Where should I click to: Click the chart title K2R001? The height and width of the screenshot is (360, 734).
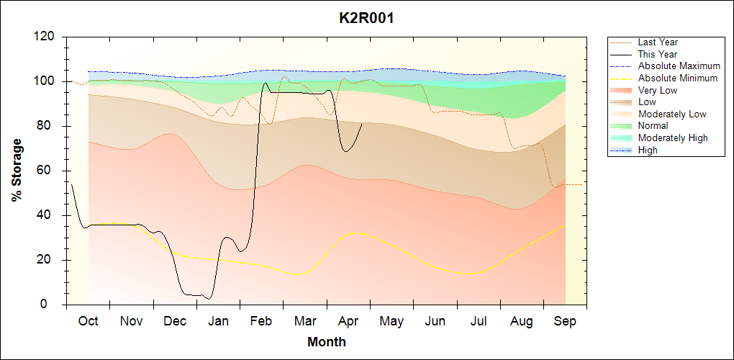[366, 18]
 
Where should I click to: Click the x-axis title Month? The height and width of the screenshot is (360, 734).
[327, 342]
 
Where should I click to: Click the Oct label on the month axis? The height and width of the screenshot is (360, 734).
[88, 321]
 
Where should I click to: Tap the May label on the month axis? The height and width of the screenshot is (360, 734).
[391, 321]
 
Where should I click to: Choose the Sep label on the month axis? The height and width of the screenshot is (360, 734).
[565, 321]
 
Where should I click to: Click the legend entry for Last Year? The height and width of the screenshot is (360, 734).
[658, 42]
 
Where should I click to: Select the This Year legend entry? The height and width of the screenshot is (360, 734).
[658, 54]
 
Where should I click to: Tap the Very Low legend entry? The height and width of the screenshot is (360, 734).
[658, 90]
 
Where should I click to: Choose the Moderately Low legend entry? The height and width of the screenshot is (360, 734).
[672, 114]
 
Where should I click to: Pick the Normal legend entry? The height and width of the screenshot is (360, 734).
[653, 125]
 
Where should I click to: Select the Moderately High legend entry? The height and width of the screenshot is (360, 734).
[673, 138]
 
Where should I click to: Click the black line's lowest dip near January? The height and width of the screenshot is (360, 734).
[208, 298]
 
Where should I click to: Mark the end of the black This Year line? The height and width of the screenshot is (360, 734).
[362, 123]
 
